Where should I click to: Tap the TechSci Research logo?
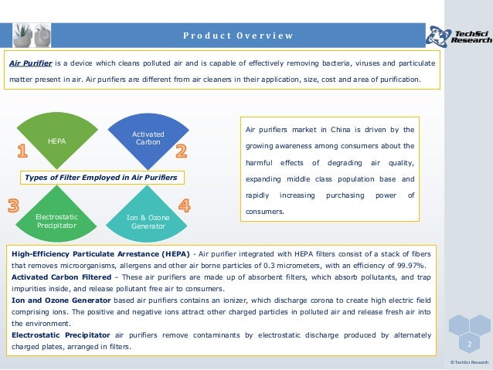[x=458, y=35]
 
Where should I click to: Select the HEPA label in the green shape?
[x=56, y=141]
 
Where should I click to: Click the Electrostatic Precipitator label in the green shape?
[x=56, y=222]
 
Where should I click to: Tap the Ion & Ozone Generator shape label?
[x=147, y=222]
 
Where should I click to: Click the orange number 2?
[x=182, y=148]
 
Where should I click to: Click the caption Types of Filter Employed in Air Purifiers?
[x=101, y=178]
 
